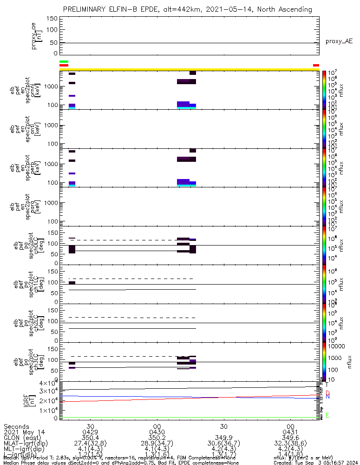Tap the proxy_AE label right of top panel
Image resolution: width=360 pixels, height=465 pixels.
339,41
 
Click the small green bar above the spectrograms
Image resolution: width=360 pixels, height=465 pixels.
64,61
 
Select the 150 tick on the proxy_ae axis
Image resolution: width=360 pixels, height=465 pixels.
52,19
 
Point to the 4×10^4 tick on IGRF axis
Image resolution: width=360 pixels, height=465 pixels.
47,383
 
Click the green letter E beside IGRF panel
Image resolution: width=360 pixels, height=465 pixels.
327,415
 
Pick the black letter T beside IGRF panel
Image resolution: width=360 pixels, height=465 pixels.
327,385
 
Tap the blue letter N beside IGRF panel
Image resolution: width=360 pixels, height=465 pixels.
327,397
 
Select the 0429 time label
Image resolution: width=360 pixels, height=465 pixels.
91,432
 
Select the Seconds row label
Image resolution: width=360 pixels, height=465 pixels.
16,426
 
